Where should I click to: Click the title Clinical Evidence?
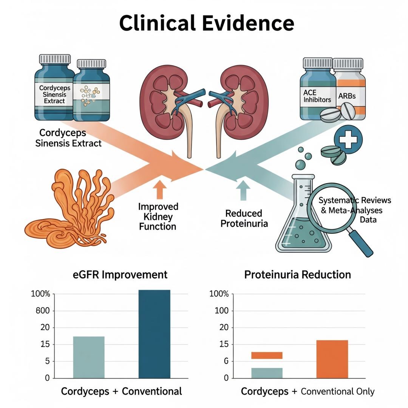click(207, 23)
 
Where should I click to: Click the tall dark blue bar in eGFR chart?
click(154, 334)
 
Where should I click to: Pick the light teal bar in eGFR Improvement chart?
click(89, 357)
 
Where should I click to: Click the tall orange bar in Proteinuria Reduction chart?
click(332, 359)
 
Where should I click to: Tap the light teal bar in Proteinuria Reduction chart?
click(267, 373)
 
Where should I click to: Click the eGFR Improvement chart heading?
click(120, 275)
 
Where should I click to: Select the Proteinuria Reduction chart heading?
click(298, 275)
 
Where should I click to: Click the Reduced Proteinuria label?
click(244, 218)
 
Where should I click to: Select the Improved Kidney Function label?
click(158, 216)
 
